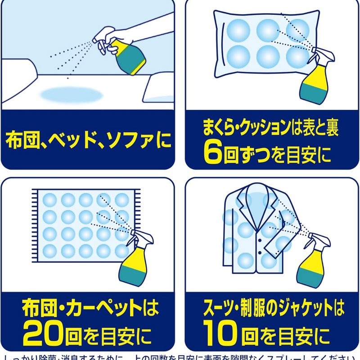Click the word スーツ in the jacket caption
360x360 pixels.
(x=216, y=309)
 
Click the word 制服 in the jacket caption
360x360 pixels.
(x=252, y=309)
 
